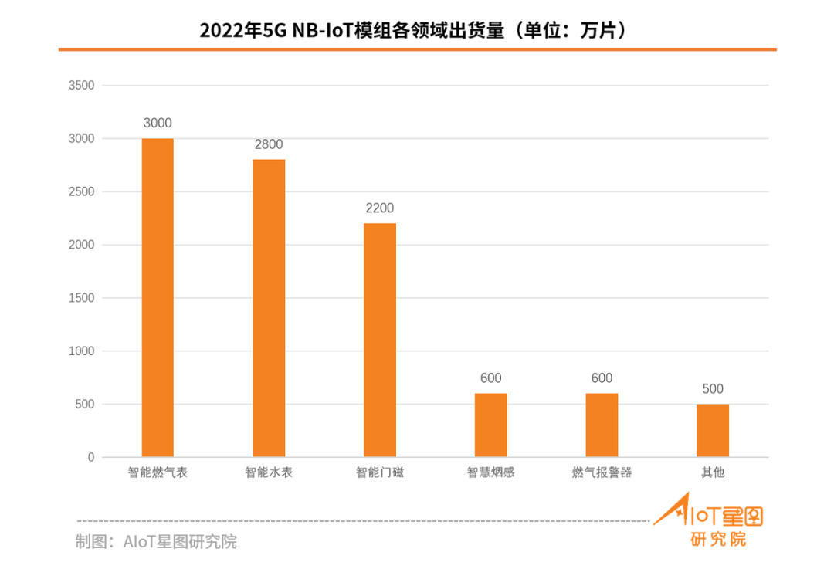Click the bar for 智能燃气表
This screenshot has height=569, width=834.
(158, 298)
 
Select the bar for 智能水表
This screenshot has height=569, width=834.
(269, 308)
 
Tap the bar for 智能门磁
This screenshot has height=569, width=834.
(380, 340)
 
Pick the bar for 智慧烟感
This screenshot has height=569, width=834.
(491, 425)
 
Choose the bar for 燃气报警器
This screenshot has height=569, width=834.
(602, 425)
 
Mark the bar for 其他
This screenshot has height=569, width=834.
(713, 431)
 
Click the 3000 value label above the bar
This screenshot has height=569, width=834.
(158, 124)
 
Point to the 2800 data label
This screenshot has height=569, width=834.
(269, 144)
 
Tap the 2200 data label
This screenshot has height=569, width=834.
(380, 208)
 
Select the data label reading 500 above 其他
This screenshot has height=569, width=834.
(713, 389)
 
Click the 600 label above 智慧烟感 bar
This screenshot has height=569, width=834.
(491, 378)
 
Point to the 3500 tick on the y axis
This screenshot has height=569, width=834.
(81, 86)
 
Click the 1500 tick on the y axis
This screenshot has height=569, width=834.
(81, 298)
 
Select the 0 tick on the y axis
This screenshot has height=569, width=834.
(90, 458)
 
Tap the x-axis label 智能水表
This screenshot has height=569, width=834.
(269, 472)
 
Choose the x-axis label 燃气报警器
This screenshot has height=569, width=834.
(602, 472)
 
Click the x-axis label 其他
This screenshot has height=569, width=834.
(713, 472)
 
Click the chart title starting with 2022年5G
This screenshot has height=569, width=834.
(417, 31)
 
